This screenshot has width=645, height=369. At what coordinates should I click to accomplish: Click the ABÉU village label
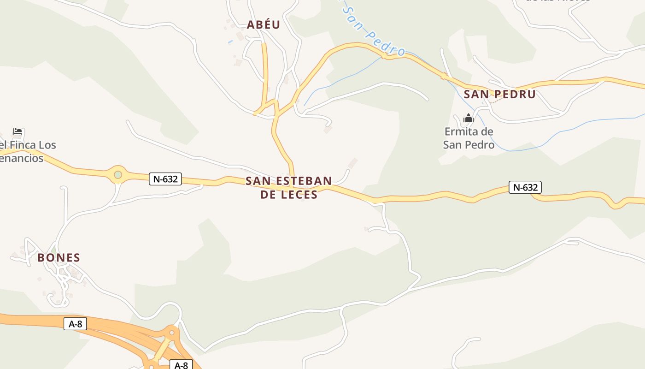[x=263, y=25]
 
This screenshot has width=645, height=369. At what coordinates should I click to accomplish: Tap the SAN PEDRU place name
[x=499, y=95]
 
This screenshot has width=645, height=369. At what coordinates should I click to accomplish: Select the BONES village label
[x=59, y=258]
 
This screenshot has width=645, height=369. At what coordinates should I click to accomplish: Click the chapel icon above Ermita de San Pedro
[x=469, y=119]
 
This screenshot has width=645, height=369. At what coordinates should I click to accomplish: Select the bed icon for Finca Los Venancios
[x=18, y=132]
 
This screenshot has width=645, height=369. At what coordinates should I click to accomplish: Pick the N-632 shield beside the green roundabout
[x=165, y=179]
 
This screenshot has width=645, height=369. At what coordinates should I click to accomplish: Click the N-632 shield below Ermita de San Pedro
[x=525, y=187]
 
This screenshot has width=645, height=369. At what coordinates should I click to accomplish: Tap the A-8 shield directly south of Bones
[x=75, y=324]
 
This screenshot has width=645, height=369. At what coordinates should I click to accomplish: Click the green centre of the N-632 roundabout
[x=118, y=175]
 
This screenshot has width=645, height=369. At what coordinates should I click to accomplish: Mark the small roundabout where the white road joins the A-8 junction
[x=172, y=333]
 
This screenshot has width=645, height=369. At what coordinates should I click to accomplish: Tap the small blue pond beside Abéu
[x=230, y=42]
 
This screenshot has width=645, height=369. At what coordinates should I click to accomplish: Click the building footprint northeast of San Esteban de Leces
[x=352, y=163]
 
